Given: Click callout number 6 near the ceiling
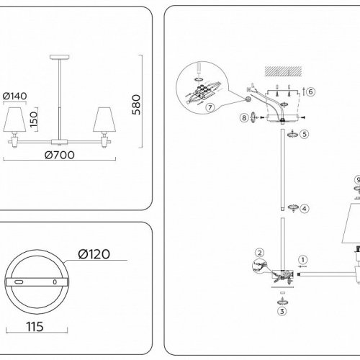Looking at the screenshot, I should click(x=310, y=92).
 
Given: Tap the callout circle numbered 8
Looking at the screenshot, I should click(x=244, y=117).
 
